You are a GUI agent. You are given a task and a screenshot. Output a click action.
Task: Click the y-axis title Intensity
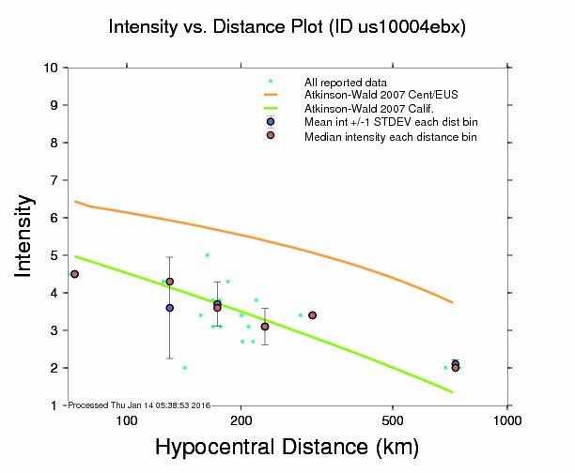coord(26,236)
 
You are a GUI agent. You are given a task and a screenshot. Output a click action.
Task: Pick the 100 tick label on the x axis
coord(127,420)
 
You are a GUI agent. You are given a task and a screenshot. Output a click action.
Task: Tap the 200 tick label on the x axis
coord(241,420)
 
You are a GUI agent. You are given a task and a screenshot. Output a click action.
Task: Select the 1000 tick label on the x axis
coord(507,420)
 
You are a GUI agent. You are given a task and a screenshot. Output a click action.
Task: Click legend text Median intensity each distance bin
coord(390,137)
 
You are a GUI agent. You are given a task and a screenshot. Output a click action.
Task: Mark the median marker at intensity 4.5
coord(74,274)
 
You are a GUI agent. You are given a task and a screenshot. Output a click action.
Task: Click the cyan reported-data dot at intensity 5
coord(207,255)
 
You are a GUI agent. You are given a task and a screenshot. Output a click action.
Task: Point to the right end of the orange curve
coord(453,302)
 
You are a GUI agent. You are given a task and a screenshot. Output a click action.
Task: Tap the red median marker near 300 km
coord(312,315)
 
